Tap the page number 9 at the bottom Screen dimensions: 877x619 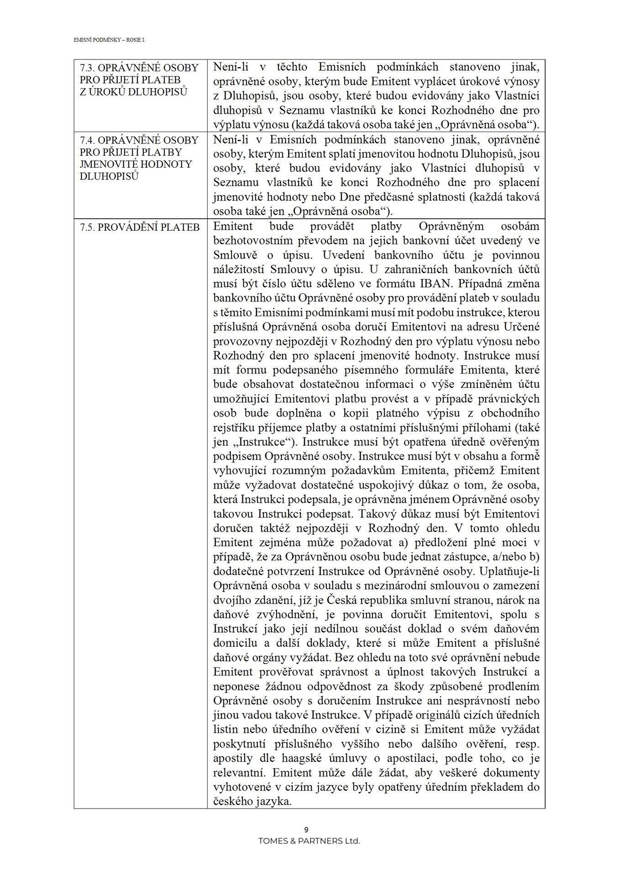pos(306,830)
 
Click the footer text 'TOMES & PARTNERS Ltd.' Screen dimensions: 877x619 pos(309,841)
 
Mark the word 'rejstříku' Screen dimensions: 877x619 pos(233,427)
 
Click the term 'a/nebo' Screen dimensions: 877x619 pos(515,556)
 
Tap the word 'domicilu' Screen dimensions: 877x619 pos(234,643)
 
